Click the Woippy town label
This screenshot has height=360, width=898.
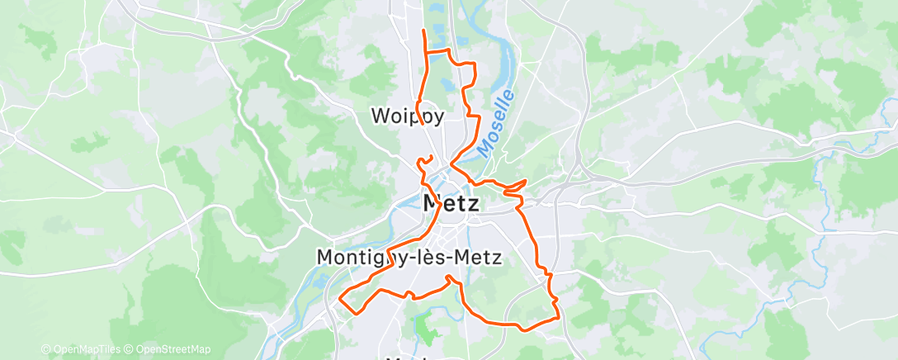407,116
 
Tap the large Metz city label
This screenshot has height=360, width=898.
450,202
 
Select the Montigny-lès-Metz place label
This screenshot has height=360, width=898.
409,257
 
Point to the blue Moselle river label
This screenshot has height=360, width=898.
494,123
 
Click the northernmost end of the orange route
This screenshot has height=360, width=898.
423,31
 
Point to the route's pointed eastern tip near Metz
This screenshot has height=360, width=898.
526,180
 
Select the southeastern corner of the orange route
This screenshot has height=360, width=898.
559,315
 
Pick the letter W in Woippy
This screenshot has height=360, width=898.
377,116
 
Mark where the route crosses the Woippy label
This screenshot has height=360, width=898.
420,116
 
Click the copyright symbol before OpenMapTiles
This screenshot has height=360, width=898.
45,349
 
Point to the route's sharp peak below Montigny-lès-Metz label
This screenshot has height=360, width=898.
449,277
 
